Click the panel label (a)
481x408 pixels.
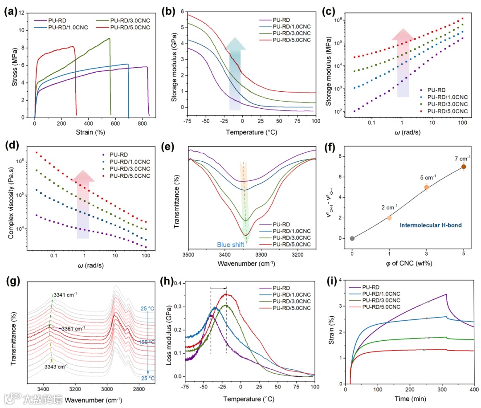[x=9, y=12]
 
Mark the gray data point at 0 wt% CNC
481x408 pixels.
[x=352, y=238]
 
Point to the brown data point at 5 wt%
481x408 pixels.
[x=464, y=167]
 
